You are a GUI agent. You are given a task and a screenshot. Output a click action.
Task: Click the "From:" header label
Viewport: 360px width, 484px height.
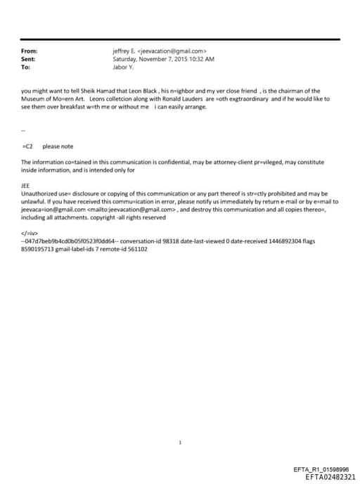29,51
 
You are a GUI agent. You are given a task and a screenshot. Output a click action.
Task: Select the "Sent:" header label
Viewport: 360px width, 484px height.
29,59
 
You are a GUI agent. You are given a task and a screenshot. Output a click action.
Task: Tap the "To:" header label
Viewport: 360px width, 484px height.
26,68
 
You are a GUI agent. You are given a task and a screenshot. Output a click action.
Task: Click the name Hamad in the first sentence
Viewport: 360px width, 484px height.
103,91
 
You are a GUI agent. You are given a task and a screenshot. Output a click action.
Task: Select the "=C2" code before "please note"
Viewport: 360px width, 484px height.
28,146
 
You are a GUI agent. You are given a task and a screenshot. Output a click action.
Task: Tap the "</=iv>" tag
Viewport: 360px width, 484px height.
30,233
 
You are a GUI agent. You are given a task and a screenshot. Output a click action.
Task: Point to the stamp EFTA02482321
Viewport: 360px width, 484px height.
326,476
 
